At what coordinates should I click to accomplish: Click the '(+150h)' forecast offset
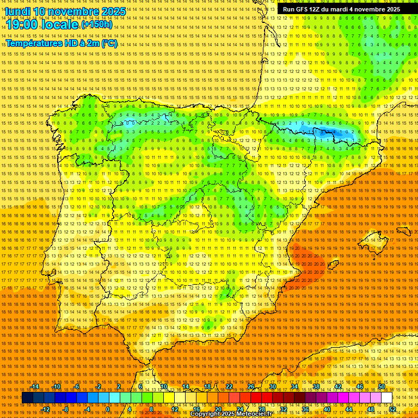point(97,24)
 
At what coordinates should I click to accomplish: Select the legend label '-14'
point(35,386)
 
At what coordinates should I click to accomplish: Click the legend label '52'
point(392,409)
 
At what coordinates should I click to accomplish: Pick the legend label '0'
point(108,409)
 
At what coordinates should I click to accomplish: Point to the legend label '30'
point(272,386)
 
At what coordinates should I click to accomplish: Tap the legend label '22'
point(229,386)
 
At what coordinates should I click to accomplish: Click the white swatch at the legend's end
point(386,398)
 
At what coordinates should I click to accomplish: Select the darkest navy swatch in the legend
point(27,398)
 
